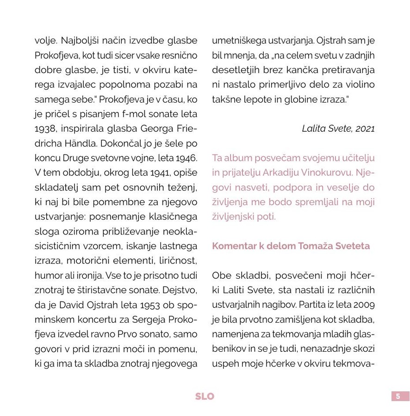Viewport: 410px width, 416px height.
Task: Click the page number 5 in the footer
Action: pyautogui.click(x=400, y=396)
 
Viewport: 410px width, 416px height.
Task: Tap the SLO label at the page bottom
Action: pyautogui.click(x=205, y=396)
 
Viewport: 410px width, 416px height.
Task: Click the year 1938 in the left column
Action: pyautogui.click(x=45, y=128)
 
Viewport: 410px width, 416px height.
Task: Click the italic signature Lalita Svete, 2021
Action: pyautogui.click(x=338, y=128)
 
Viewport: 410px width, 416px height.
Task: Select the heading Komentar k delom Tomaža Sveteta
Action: pyautogui.click(x=291, y=246)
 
